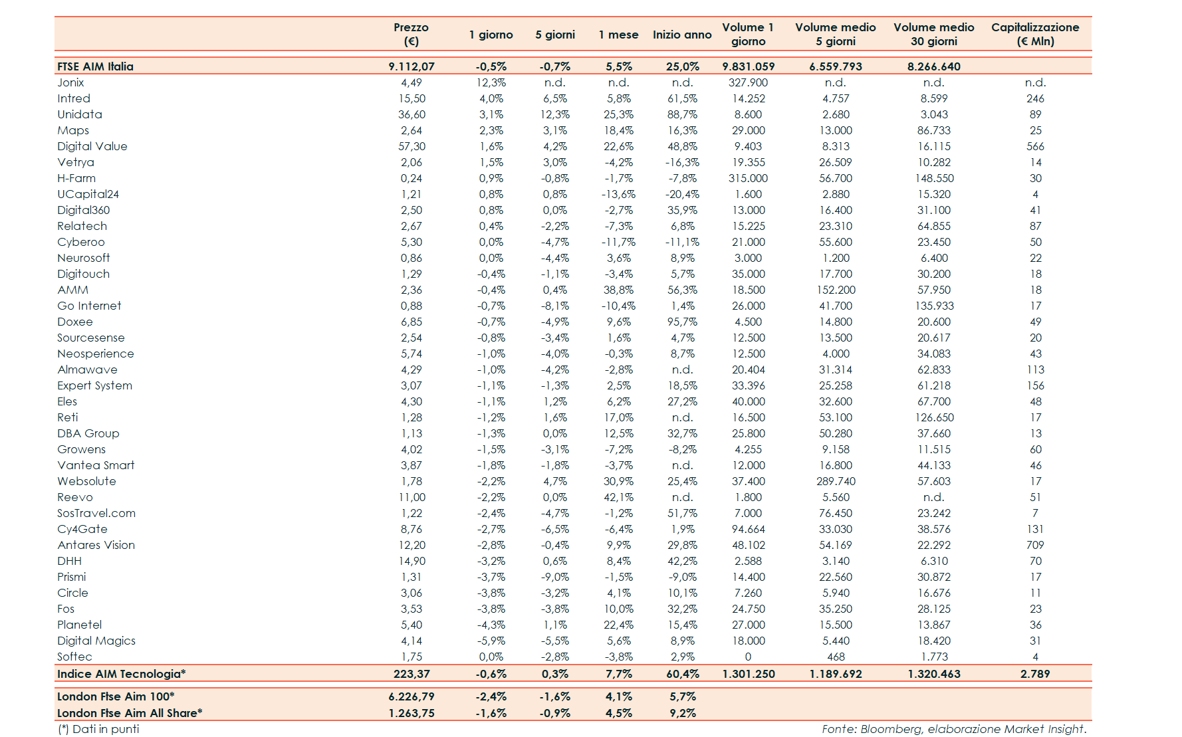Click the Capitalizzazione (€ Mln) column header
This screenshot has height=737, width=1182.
tap(1035, 34)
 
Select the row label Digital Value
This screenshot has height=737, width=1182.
tap(92, 146)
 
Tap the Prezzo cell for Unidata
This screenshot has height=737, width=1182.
tap(412, 114)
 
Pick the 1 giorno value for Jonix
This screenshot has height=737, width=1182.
tap(491, 82)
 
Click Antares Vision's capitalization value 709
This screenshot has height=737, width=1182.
tap(1035, 545)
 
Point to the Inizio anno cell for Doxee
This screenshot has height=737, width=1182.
tap(682, 322)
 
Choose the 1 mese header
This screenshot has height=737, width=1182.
tap(618, 35)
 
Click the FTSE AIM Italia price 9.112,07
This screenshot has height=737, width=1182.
tap(412, 66)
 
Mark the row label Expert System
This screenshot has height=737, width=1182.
tap(94, 385)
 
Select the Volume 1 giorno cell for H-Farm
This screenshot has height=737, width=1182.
tap(748, 178)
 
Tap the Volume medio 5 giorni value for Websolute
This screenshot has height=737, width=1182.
tap(836, 481)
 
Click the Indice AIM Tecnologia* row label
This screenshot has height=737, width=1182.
tap(121, 674)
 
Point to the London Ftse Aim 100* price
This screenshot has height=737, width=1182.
tap(412, 696)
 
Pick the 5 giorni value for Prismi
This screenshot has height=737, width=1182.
tap(554, 577)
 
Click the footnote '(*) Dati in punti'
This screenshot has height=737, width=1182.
tap(98, 729)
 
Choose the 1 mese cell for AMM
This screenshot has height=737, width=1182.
tap(618, 290)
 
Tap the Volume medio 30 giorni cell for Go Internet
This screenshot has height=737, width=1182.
tap(934, 306)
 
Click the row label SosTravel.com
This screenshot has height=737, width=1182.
tap(96, 513)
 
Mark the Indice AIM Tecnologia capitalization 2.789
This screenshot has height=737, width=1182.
tap(1035, 674)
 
